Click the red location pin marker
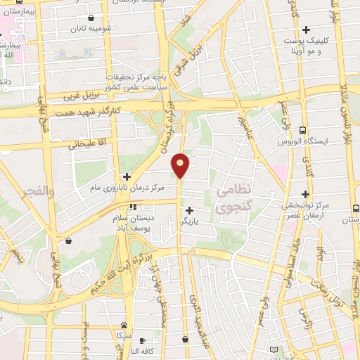tap(181, 165)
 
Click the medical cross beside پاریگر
tap(189, 210)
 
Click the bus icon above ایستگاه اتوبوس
tap(302, 130)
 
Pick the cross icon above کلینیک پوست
tap(306, 30)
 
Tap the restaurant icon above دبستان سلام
tap(133, 207)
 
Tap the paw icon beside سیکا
tap(124, 325)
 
